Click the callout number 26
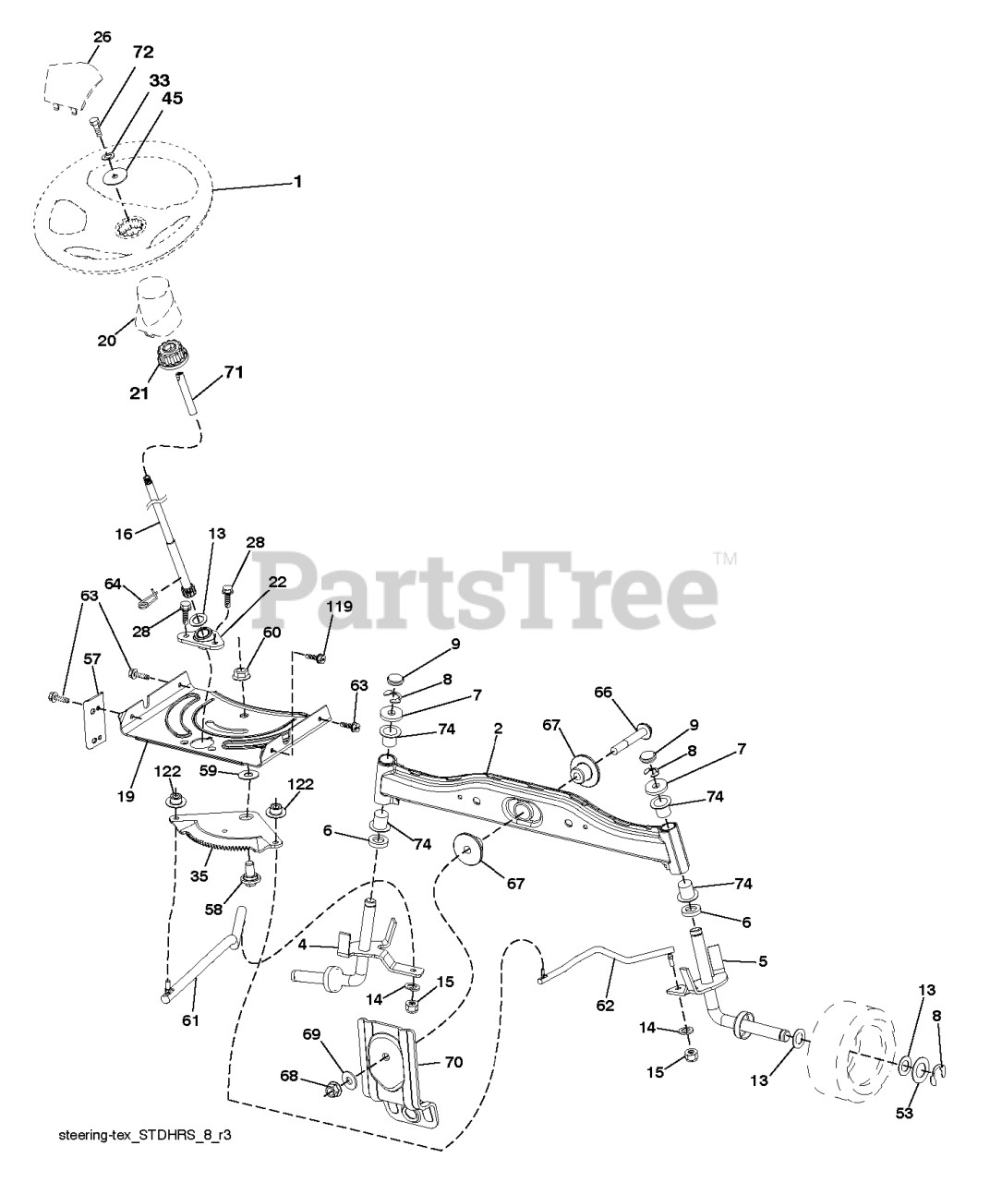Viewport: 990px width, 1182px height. click(x=102, y=37)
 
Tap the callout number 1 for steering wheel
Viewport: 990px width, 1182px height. click(x=297, y=183)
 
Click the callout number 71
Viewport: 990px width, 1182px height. click(x=234, y=374)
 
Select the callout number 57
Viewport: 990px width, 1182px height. click(x=92, y=659)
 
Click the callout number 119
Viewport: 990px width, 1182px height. click(x=341, y=607)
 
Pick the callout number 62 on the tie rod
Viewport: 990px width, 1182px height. click(x=605, y=1006)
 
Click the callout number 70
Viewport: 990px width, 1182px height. click(x=453, y=1062)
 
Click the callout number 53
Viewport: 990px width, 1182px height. click(x=903, y=1114)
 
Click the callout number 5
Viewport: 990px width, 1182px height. click(x=763, y=961)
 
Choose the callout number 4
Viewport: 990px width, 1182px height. click(x=302, y=946)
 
